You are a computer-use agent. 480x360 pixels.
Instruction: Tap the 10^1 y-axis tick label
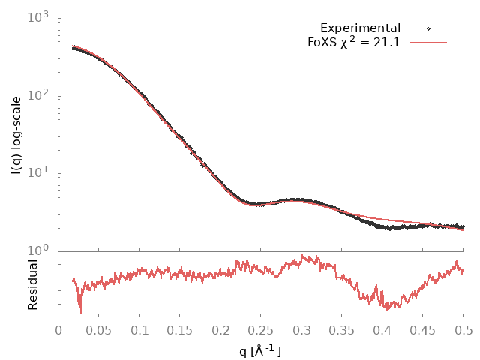pyautogui.click(x=38, y=174)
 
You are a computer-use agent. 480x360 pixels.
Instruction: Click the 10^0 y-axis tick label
pyautogui.click(x=38, y=251)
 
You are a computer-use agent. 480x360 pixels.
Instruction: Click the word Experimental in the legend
pyautogui.click(x=360, y=28)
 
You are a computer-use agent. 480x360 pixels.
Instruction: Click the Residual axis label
pyautogui.click(x=33, y=284)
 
